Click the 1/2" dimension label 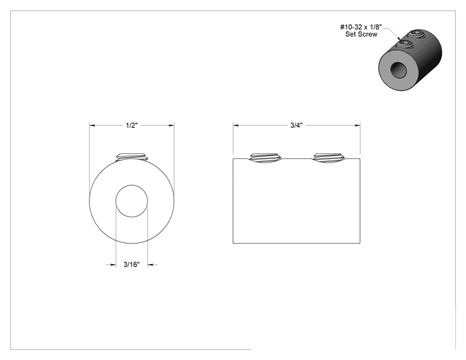click(132, 125)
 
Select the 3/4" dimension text click(296, 125)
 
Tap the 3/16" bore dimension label click(132, 264)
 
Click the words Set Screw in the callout click(361, 34)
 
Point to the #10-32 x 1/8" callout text click(361, 27)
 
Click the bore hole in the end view click(132, 201)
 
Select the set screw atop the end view click(132, 157)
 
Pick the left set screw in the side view click(265, 158)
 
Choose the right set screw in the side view click(329, 158)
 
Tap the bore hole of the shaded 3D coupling click(398, 70)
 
